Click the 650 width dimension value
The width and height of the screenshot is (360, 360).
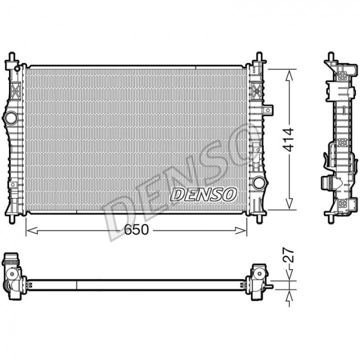[136, 229]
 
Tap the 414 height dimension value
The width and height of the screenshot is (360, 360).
[288, 140]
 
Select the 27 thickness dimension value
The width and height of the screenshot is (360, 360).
[288, 255]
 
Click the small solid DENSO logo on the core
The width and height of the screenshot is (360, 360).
[203, 194]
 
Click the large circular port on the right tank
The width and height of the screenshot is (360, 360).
[258, 183]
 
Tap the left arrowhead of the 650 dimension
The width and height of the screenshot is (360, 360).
[32, 230]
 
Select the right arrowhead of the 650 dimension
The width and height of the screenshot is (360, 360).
[240, 230]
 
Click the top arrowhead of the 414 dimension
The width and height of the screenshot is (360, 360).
[289, 75]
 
